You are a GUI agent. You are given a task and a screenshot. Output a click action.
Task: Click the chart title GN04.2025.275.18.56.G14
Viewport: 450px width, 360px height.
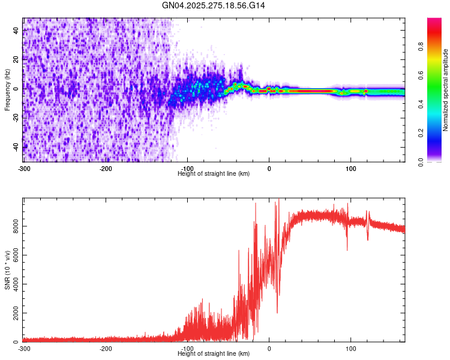[x=214, y=5]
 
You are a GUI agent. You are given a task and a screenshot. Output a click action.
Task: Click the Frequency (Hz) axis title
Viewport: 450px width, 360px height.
[x=7, y=91]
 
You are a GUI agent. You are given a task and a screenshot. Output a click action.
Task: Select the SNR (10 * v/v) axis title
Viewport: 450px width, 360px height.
[x=7, y=272]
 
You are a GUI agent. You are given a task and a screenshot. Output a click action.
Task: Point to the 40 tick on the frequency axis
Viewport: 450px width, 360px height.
[x=16, y=30]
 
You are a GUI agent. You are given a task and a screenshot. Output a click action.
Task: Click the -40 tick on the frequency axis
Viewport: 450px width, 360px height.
[x=15, y=147]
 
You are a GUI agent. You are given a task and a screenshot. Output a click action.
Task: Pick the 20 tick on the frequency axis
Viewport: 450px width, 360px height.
[x=16, y=59]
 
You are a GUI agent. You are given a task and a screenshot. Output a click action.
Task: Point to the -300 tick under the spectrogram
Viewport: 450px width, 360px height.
[x=23, y=167]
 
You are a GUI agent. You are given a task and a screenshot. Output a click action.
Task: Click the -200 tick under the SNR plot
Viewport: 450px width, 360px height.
[x=106, y=348]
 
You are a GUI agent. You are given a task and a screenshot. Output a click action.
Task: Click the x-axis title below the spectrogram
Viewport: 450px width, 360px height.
[x=214, y=173]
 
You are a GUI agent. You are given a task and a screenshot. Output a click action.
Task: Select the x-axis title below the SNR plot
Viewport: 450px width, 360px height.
[x=214, y=354]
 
